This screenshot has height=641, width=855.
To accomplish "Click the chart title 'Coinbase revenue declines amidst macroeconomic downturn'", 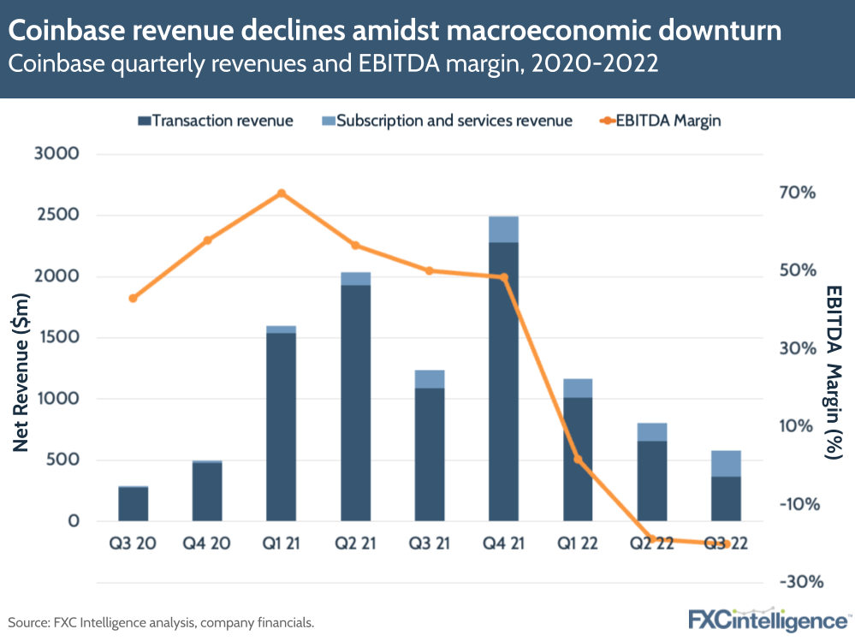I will click(395, 32).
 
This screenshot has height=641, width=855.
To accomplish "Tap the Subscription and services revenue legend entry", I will click(445, 121).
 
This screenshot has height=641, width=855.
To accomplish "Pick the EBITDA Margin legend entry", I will click(659, 121).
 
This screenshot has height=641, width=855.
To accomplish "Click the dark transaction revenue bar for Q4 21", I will click(503, 381).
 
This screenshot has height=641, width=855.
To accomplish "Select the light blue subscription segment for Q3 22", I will click(726, 463).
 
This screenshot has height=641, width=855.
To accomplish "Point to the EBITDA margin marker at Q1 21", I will click(282, 193).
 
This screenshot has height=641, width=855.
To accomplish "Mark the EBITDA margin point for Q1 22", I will click(578, 460).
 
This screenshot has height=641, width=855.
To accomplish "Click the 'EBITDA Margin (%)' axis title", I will click(834, 373).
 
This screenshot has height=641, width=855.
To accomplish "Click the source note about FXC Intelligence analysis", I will click(161, 622).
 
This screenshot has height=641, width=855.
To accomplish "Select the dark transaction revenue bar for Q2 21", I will click(355, 402).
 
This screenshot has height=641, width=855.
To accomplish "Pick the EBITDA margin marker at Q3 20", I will click(133, 299).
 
